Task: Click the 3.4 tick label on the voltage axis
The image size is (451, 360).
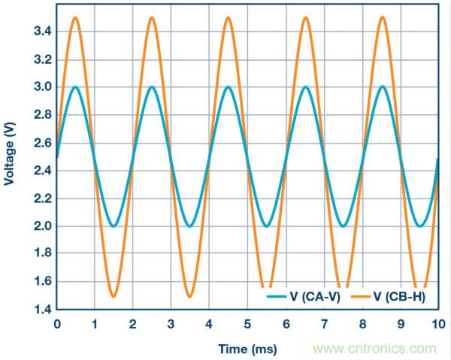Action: click(x=41, y=31)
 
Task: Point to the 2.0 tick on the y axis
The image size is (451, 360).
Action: click(x=41, y=225)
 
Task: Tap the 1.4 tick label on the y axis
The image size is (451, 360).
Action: click(x=41, y=309)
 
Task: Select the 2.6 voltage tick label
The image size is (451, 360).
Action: click(x=41, y=142)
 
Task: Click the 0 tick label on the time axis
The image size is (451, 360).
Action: click(x=56, y=324)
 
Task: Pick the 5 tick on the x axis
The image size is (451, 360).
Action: click(x=247, y=324)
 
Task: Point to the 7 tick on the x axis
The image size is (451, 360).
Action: click(x=323, y=324)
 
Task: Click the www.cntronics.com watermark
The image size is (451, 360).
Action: click(x=374, y=349)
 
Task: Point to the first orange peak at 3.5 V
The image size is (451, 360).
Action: click(x=75, y=17)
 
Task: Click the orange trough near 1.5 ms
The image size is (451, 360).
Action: click(x=114, y=295)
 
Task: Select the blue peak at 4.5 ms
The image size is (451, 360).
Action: click(x=228, y=86)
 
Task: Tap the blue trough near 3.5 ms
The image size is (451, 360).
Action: click(x=190, y=225)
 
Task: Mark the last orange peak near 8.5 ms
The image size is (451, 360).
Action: click(x=381, y=17)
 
